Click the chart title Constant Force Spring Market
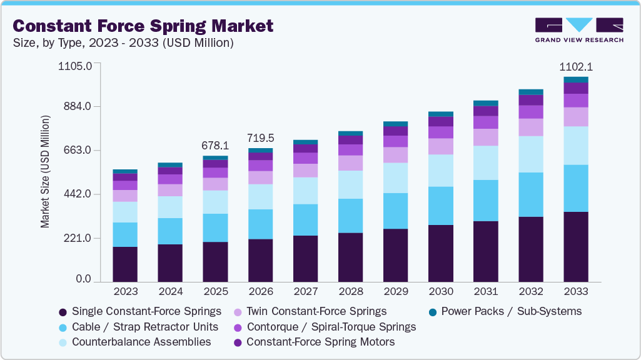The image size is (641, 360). click(143, 26)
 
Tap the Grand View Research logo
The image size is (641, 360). click(578, 29)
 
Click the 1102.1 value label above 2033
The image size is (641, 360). click(576, 67)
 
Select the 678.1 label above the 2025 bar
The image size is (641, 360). click(215, 145)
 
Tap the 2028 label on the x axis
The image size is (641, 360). click(351, 292)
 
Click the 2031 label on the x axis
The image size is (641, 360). click(486, 292)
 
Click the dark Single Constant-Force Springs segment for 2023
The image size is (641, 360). click(125, 264)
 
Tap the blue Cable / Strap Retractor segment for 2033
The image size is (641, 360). click(576, 188)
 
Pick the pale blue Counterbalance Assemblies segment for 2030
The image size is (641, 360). click(441, 170)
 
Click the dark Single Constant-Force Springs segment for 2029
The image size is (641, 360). click(396, 255)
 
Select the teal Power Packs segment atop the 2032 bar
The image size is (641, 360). click(531, 92)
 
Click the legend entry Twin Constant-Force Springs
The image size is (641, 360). click(316, 311)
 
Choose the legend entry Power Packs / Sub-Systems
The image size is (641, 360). click(512, 311)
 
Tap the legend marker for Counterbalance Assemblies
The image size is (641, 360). click(63, 342)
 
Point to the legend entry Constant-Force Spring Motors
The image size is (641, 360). click(321, 342)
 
